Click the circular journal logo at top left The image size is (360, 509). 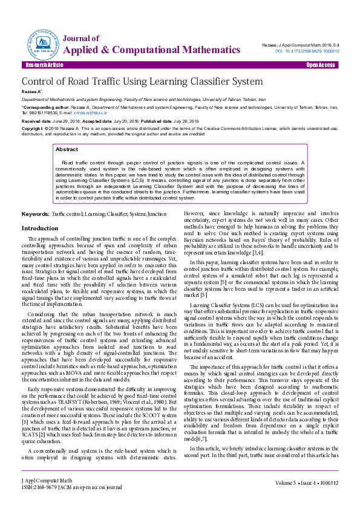(x=41, y=42)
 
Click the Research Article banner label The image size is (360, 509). (x=44, y=65)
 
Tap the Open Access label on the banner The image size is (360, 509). (x=321, y=65)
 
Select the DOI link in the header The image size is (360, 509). (x=309, y=51)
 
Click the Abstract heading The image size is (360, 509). (x=67, y=149)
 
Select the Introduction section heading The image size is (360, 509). (x=40, y=228)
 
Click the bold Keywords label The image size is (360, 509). (x=35, y=214)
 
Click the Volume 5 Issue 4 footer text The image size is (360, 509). (x=306, y=500)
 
